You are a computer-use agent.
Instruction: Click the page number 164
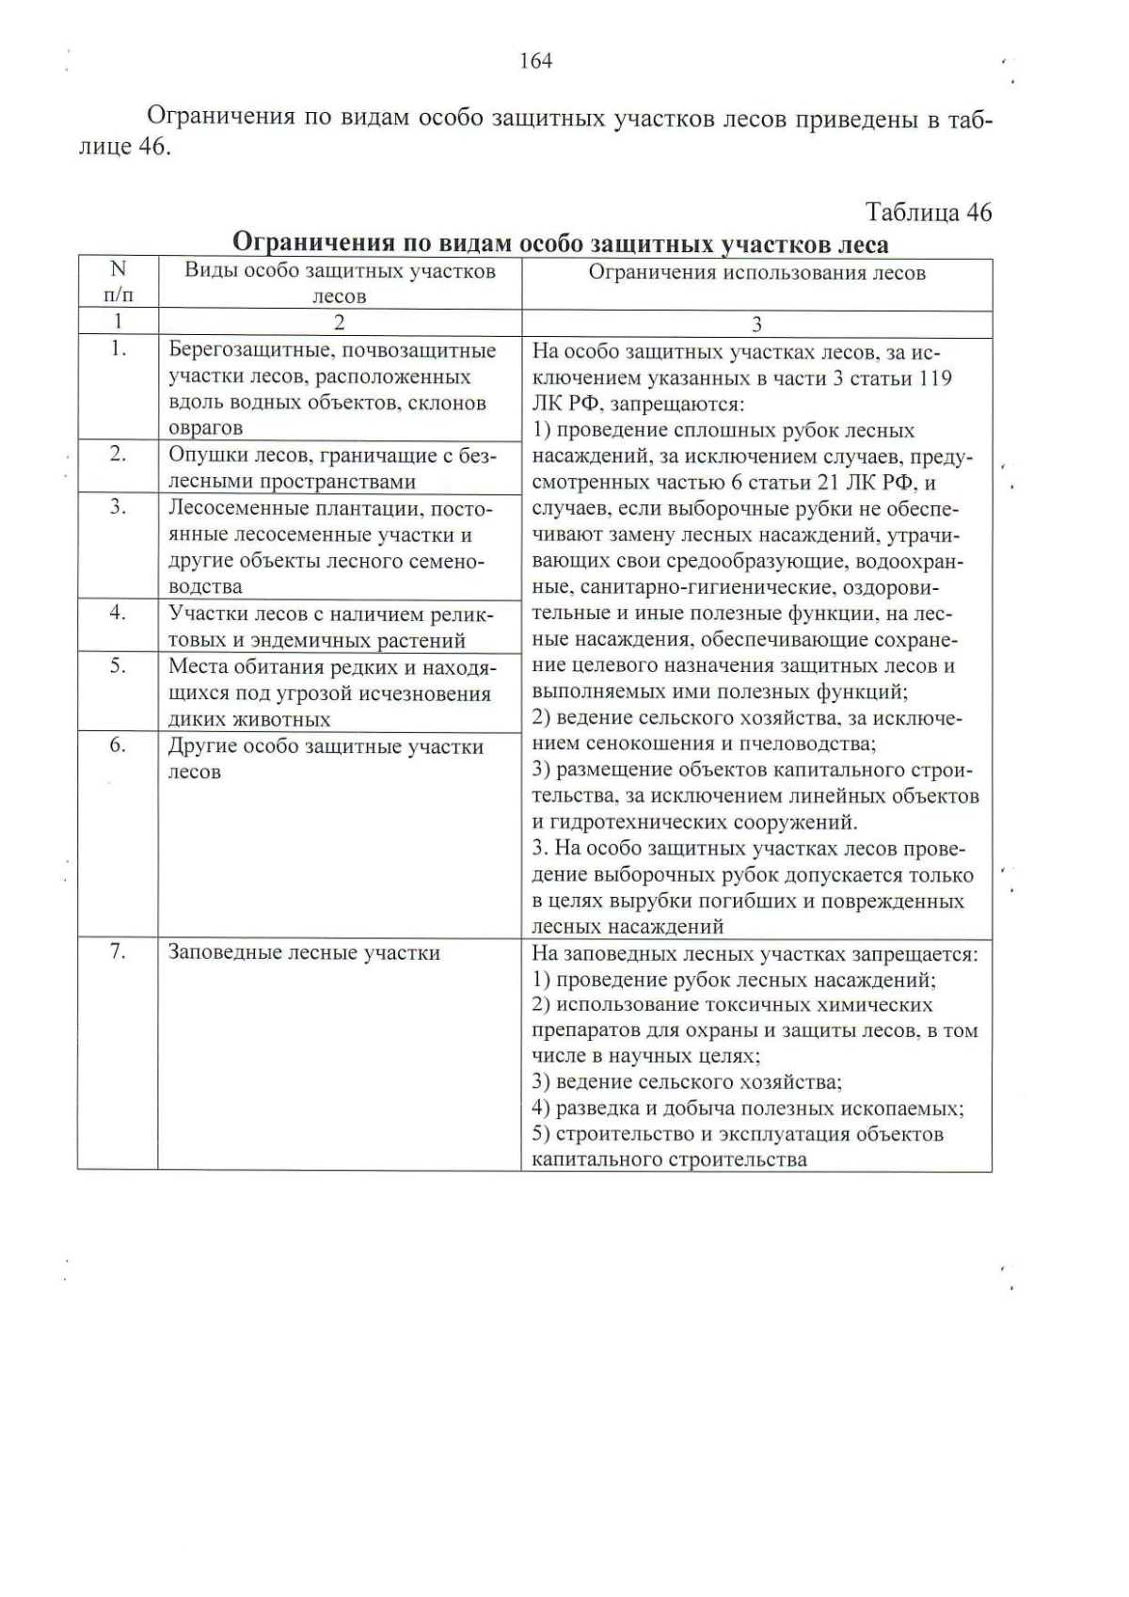(535, 61)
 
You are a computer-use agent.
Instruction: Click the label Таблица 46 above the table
(928, 213)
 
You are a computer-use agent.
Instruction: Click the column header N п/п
(118, 282)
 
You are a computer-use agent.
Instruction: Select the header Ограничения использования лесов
(756, 273)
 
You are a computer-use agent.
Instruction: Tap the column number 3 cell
(756, 325)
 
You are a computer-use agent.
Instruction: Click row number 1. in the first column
(118, 349)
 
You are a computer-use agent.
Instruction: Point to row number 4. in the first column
(118, 613)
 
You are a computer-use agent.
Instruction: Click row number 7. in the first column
(118, 951)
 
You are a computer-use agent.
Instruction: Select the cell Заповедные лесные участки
(304, 952)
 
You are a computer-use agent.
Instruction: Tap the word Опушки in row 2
(200, 455)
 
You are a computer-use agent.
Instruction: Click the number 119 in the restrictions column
(933, 378)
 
